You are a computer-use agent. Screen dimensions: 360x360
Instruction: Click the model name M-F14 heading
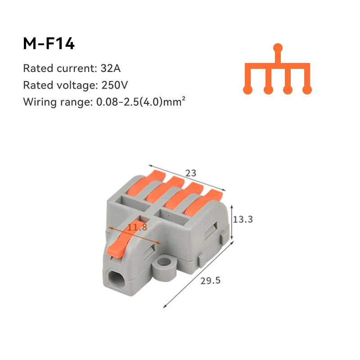click(x=49, y=44)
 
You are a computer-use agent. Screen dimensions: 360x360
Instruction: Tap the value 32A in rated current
click(x=111, y=69)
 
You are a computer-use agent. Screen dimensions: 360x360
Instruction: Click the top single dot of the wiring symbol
click(x=278, y=47)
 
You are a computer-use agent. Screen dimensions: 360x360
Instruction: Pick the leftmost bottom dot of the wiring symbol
click(x=247, y=90)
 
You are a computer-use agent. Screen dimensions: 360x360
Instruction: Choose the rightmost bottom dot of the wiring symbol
click(x=307, y=90)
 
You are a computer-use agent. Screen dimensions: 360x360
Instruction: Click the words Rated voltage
click(x=58, y=85)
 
